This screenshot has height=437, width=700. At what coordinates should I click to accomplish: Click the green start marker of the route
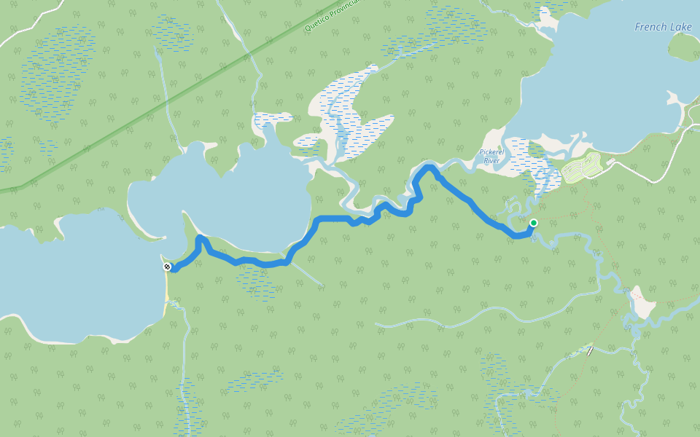pyautogui.click(x=534, y=223)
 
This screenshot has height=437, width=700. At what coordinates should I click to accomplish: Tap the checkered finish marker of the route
pyautogui.click(x=168, y=267)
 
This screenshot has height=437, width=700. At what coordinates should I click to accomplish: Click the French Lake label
pyautogui.click(x=663, y=27)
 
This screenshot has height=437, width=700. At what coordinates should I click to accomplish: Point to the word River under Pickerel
pyautogui.click(x=491, y=160)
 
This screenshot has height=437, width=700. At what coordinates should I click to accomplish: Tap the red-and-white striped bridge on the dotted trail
pyautogui.click(x=589, y=350)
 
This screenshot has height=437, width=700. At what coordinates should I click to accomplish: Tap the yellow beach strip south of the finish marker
pyautogui.click(x=167, y=287)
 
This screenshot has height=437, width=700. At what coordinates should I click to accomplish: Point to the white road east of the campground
pyautogui.click(x=649, y=171)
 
